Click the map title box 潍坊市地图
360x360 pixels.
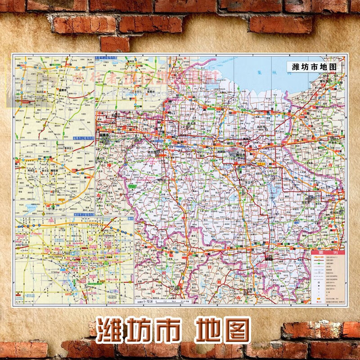(314, 66)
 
